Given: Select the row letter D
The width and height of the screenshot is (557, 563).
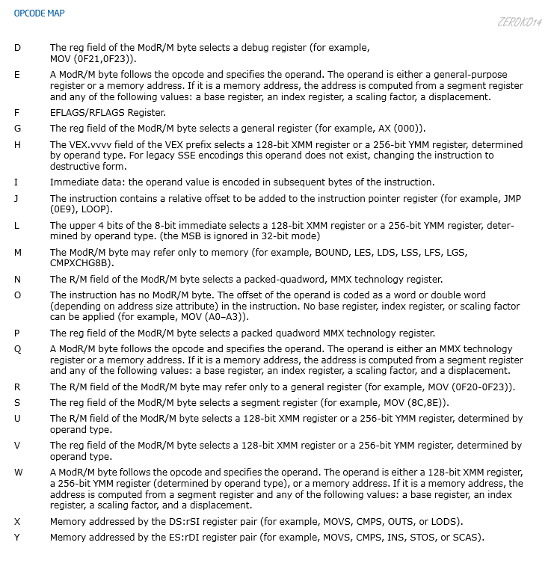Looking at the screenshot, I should click(x=17, y=48).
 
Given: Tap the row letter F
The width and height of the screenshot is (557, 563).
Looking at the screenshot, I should click(x=16, y=112).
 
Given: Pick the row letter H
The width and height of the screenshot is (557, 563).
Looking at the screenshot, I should click(x=17, y=144).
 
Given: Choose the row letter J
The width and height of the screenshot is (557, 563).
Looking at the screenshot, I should click(x=16, y=198).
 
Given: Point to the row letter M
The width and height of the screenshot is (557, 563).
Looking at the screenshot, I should click(x=18, y=252).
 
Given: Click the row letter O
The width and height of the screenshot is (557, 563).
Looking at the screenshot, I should click(x=17, y=295).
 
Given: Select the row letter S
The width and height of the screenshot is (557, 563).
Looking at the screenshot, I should click(x=17, y=403).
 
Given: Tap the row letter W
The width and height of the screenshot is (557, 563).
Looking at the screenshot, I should click(x=18, y=473).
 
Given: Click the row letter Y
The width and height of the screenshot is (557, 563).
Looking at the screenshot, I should click(x=17, y=538).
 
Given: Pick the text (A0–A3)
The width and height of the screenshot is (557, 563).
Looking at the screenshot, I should click(x=206, y=317).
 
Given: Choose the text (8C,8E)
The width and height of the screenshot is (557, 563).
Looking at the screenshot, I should click(x=422, y=403).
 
